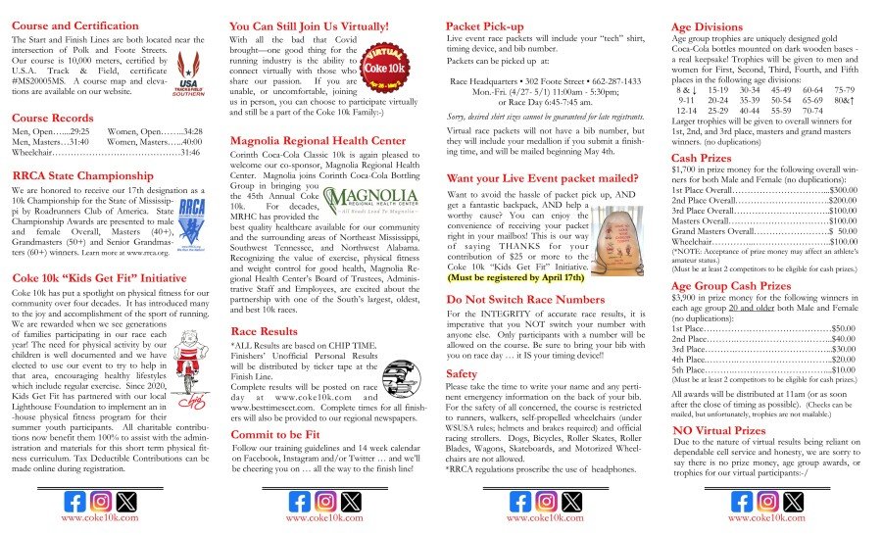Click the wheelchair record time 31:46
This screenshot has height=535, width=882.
click(x=190, y=153)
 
